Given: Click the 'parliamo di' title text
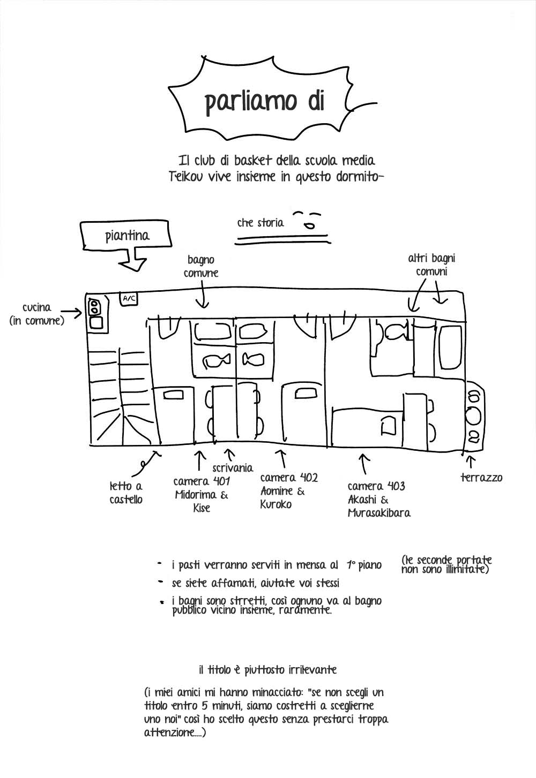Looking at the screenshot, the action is pyautogui.click(x=265, y=102).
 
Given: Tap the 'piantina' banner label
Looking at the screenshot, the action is pyautogui.click(x=127, y=236).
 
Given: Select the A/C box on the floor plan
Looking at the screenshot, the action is pyautogui.click(x=128, y=298).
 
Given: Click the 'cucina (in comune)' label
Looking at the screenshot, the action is pyautogui.click(x=36, y=314).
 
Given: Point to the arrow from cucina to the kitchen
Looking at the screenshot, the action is pyautogui.click(x=71, y=312).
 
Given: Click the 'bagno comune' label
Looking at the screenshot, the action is pyautogui.click(x=201, y=267).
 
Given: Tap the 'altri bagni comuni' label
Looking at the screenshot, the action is pyautogui.click(x=431, y=265).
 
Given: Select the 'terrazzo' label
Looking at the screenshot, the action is pyautogui.click(x=481, y=478).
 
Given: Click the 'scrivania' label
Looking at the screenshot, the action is pyautogui.click(x=233, y=468).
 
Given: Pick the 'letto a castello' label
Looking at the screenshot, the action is pyautogui.click(x=126, y=493).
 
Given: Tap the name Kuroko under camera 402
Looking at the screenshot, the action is pyautogui.click(x=276, y=504).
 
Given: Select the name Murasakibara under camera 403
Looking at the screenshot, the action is pyautogui.click(x=379, y=513).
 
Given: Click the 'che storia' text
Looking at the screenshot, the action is pyautogui.click(x=260, y=223).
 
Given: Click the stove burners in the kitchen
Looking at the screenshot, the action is pyautogui.click(x=93, y=306).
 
